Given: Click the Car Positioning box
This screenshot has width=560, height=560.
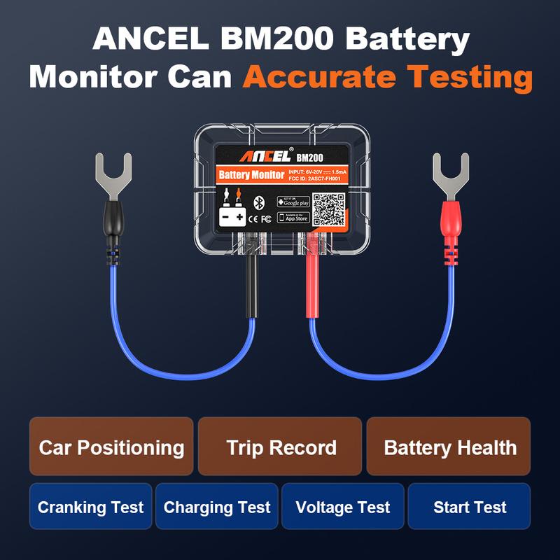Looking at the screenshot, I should click(111, 447).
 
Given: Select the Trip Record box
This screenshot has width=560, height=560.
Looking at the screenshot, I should click(280, 447).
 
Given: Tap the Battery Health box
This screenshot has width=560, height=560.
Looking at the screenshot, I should click(449, 447).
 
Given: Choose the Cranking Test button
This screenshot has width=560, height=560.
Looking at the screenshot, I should click(90, 507).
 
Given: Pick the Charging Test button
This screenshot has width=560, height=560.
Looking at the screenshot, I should click(216, 507).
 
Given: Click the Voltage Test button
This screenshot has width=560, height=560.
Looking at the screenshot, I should click(342, 507).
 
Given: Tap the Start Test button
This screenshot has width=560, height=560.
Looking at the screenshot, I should click(469, 507).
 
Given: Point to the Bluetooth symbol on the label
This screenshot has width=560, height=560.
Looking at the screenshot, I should click(258, 203).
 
